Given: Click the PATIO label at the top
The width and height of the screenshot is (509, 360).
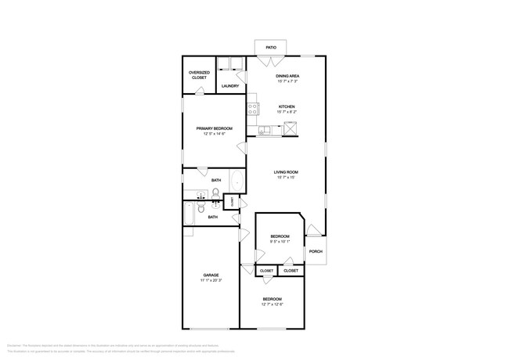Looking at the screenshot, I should pyautogui.click(x=270, y=47).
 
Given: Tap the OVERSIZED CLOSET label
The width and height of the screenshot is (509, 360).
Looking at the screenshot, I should pyautogui.click(x=199, y=75).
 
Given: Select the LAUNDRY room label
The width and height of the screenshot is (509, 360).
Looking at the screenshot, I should pyautogui.click(x=230, y=86).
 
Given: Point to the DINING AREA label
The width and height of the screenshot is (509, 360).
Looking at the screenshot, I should pyautogui.click(x=288, y=76).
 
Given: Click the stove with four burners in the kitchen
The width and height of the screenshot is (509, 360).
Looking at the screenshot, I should pyautogui.click(x=253, y=110).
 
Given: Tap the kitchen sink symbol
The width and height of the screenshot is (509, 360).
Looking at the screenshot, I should pyautogui.click(x=268, y=131).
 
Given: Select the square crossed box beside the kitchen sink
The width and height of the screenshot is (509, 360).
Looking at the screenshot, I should pyautogui.click(x=288, y=131).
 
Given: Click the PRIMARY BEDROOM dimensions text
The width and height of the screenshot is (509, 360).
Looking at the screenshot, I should pyautogui.click(x=210, y=134).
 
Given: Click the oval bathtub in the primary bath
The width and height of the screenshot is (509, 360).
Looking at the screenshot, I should pyautogui.click(x=238, y=180).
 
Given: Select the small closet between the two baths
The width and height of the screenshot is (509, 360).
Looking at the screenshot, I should pyautogui.click(x=233, y=201).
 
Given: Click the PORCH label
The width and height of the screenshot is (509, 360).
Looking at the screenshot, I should pyautogui.click(x=316, y=251).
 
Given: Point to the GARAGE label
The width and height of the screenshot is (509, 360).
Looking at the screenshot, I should pyautogui.click(x=211, y=275).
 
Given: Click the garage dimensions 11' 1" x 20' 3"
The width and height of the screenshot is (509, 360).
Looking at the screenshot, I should pyautogui.click(x=211, y=281).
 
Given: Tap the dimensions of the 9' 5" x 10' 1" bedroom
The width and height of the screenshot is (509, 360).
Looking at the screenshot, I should pyautogui.click(x=280, y=242).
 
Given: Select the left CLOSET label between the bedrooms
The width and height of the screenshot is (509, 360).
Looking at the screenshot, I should pyautogui.click(x=266, y=271).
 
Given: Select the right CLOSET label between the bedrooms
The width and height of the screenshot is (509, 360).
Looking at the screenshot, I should pyautogui.click(x=291, y=271).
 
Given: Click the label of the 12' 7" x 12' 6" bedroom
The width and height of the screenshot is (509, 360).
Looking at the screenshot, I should pyautogui.click(x=272, y=300).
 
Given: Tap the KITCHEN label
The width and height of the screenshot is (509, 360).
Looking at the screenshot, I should pyautogui.click(x=287, y=106).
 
